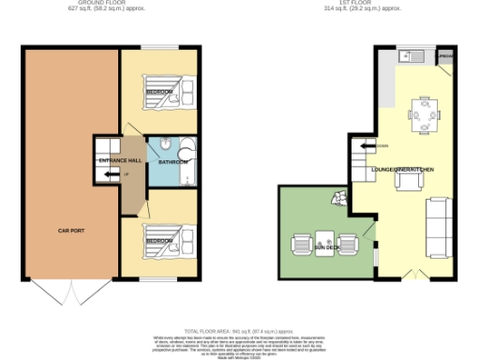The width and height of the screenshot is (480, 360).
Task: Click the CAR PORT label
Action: [x=72, y=230]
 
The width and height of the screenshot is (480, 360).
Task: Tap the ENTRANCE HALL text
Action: [x=120, y=161]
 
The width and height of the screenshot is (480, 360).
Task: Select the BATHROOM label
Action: [x=173, y=162]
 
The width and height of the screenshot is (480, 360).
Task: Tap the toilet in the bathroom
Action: [x=164, y=145]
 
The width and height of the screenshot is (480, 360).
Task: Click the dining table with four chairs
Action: [x=424, y=116]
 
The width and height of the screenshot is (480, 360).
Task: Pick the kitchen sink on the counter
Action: [x=409, y=56]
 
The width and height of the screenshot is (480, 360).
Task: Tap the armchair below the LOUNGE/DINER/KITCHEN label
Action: [x=404, y=180]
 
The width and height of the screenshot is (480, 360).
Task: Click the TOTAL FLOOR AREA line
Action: [x=239, y=331]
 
